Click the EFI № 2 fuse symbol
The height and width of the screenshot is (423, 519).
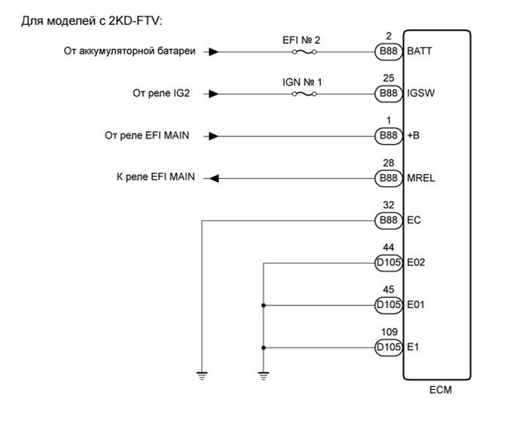(305, 53)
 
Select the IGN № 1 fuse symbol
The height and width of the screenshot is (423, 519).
(305, 94)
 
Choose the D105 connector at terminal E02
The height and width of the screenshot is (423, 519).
(389, 264)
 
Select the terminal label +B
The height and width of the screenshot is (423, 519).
(413, 136)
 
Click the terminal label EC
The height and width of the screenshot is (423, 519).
(414, 221)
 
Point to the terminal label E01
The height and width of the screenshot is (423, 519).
(416, 306)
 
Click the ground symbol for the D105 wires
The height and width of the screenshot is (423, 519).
(264, 376)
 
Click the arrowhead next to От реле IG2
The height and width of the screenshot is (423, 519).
(213, 94)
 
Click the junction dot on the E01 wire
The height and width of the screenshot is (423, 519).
(264, 306)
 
